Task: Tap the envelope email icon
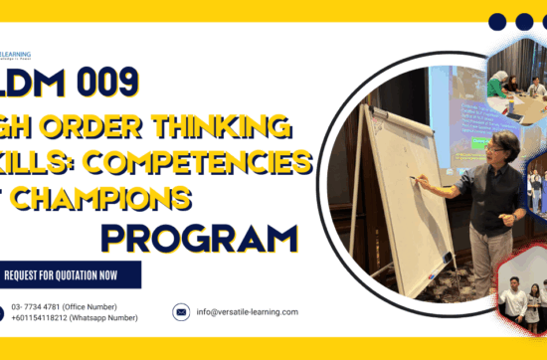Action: point(181,311)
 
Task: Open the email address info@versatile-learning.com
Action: point(247,312)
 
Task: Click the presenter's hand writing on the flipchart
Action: point(422,182)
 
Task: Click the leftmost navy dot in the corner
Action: point(496,21)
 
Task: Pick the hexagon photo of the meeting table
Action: point(517,78)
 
